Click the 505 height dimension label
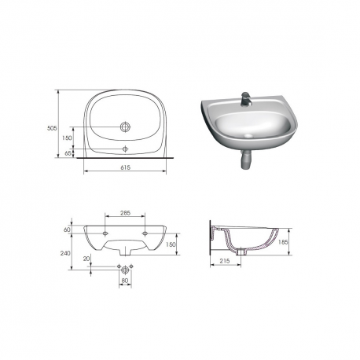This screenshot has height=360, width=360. [52, 128]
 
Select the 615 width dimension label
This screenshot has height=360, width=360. [125, 167]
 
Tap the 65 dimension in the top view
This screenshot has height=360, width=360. [68, 153]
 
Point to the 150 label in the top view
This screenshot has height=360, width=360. [67, 138]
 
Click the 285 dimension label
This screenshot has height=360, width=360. [125, 213]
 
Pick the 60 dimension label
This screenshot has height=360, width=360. [67, 230]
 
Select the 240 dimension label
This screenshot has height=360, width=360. [65, 253]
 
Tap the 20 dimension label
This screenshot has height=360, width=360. [86, 259]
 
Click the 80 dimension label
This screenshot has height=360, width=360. [125, 281]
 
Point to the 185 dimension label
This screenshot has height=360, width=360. [283, 242]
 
